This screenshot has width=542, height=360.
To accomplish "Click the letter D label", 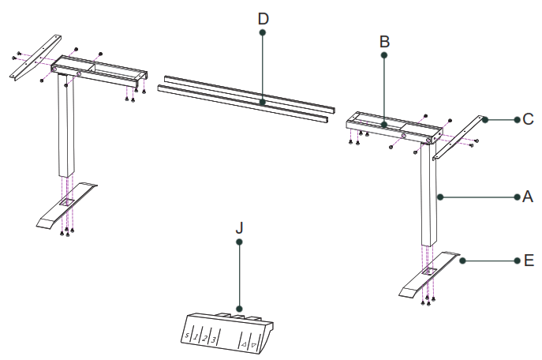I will coord(263,17).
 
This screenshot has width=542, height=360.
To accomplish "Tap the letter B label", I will coord(384,40).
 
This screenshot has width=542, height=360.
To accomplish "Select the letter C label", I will coord(528,120).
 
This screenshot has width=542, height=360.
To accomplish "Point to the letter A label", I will coord(528,197).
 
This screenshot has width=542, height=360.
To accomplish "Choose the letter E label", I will coord(528,260).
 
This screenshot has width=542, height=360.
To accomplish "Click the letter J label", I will coord(240,227).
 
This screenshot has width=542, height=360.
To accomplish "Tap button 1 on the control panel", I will coord(195,337).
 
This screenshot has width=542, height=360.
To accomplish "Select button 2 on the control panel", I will coord(204,339).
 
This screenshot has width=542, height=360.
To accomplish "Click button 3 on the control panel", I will coord(214,340).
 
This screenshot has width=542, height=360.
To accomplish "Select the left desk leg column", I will coord(65,130).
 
